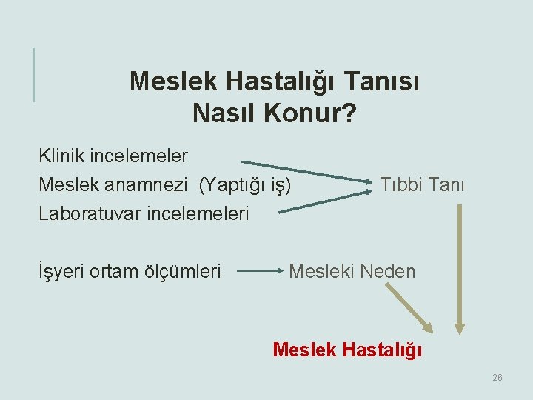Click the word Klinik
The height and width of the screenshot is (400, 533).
[x=61, y=156]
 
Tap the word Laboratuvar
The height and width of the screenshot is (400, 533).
[x=90, y=213]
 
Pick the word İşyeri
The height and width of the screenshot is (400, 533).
[x=61, y=272]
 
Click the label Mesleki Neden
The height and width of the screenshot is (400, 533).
[x=352, y=271]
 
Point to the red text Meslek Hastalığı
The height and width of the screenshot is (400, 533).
[x=347, y=349]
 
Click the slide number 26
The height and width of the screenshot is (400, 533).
[x=497, y=378]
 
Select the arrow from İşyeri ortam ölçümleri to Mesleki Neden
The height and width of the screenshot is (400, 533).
[x=258, y=271]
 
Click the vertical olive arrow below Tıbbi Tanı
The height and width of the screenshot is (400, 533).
[x=460, y=267]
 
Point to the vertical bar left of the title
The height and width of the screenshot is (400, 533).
[x=33, y=74]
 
